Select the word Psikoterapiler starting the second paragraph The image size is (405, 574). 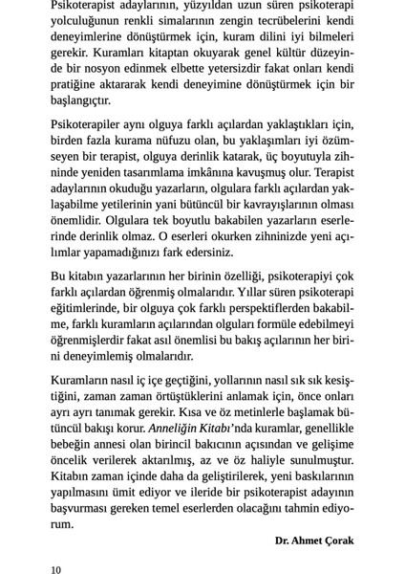pyautogui.click(x=88, y=125)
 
